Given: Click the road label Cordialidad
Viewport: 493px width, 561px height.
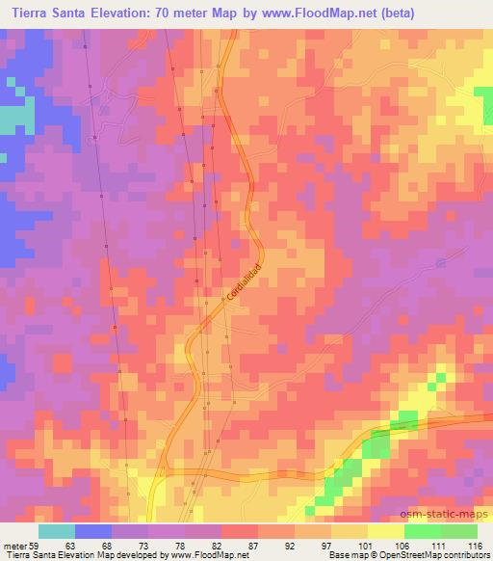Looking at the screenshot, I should tap(245, 281).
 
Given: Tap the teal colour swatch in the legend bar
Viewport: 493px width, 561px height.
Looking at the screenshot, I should tap(57, 531).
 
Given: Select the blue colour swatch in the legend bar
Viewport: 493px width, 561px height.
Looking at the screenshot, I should tap(93, 531).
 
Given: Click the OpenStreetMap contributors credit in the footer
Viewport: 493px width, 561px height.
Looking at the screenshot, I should tap(433, 555).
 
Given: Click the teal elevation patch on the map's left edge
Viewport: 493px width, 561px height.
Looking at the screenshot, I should tap(14, 119).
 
